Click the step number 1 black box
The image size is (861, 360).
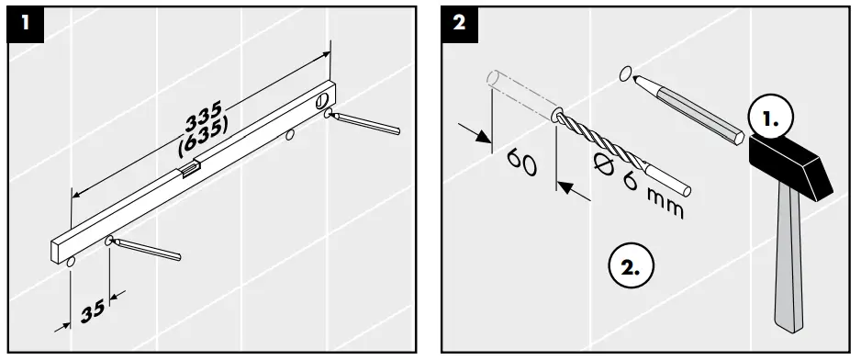tap(26, 24)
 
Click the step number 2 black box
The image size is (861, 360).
tap(459, 24)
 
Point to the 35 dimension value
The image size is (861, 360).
tap(93, 311)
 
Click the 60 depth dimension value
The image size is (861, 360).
tap(521, 163)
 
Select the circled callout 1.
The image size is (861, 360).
tap(771, 119)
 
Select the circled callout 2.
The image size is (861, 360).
tap(632, 266)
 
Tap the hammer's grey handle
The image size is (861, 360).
tap(789, 258)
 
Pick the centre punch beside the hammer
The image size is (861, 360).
tap(689, 108)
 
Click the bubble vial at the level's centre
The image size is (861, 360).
tap(187, 171)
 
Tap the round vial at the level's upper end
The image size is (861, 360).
tap(322, 101)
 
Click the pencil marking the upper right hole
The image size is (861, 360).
tap(366, 123)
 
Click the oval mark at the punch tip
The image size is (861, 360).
tap(625, 73)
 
